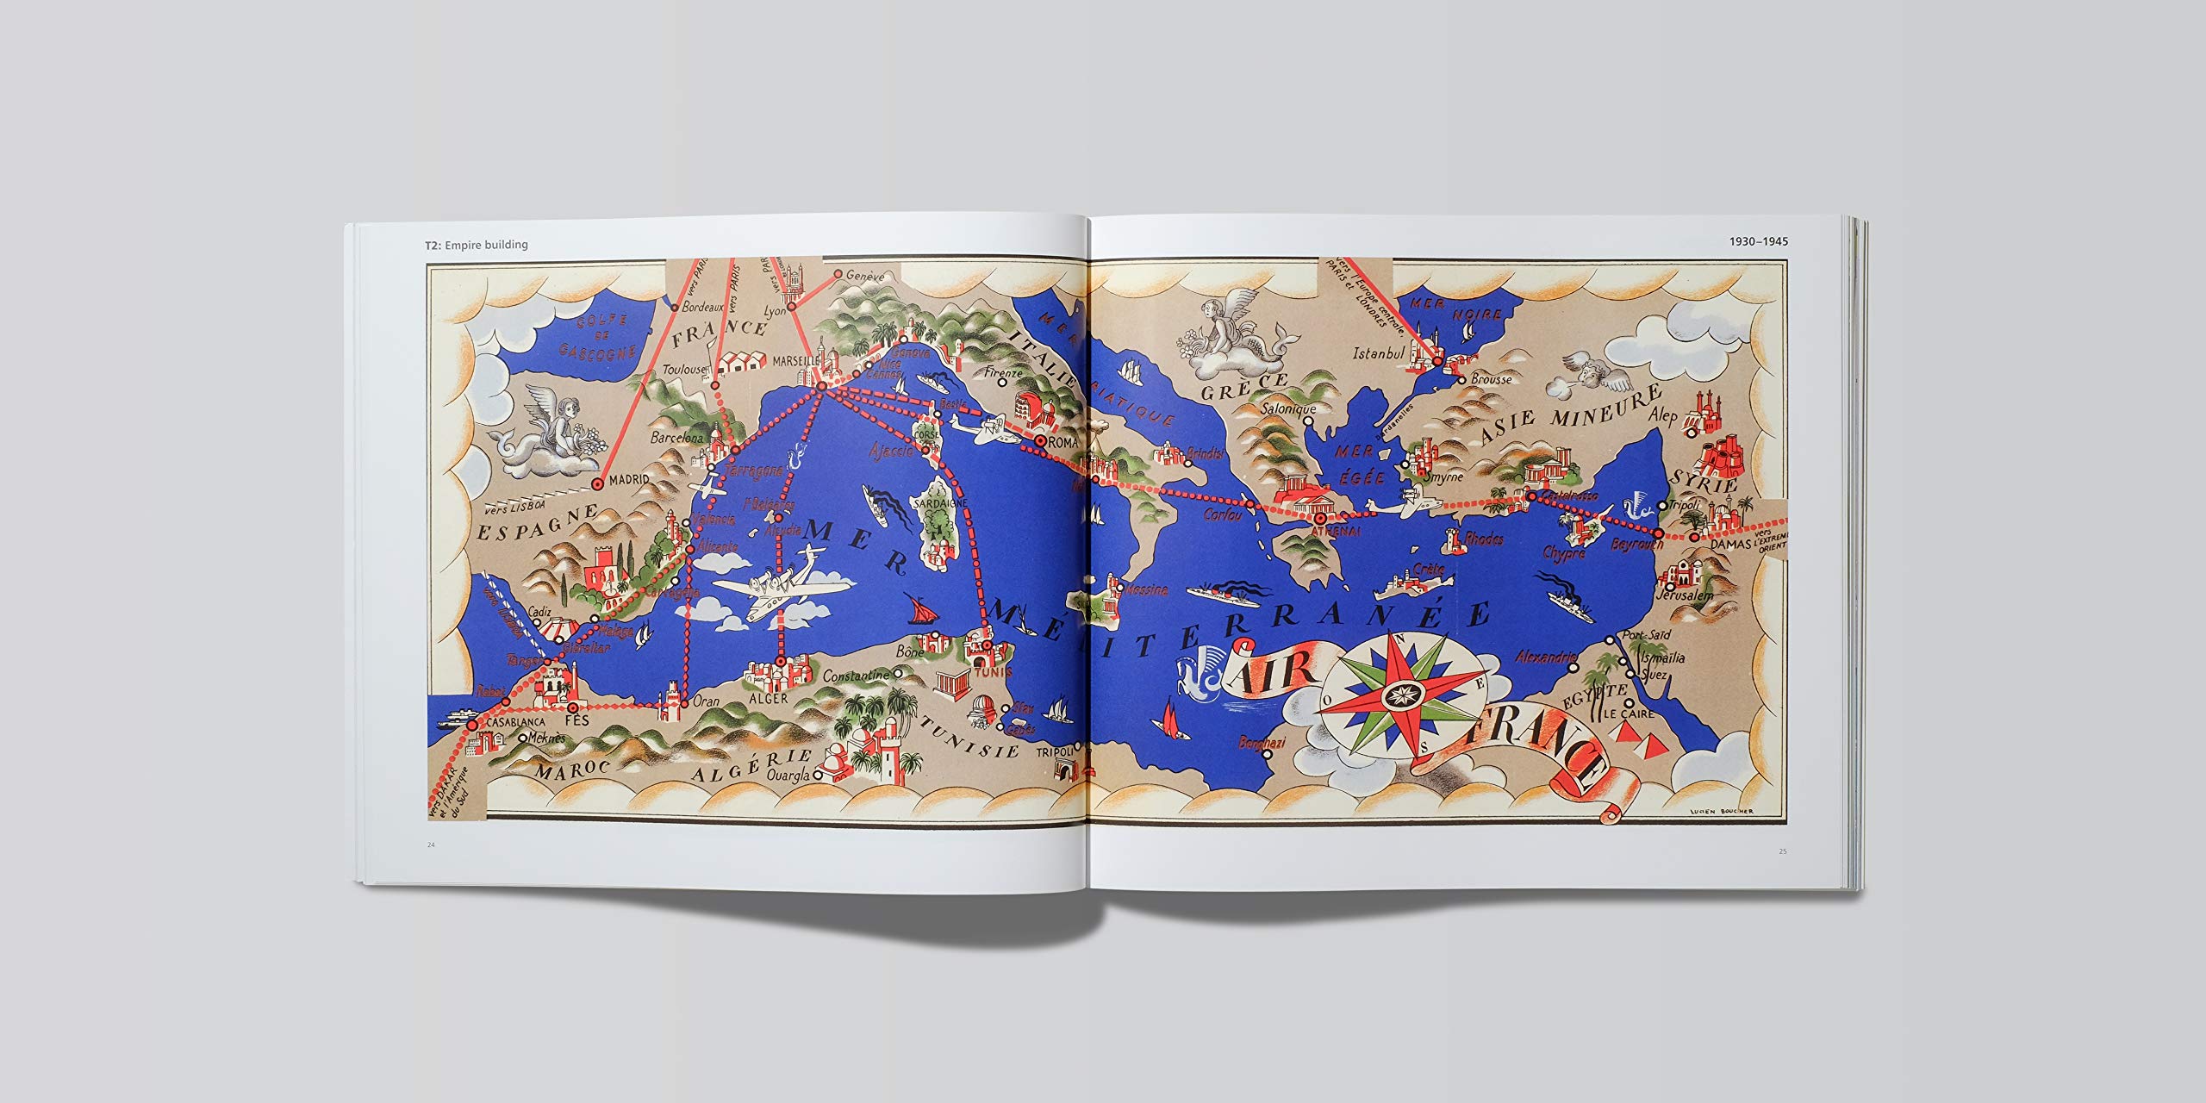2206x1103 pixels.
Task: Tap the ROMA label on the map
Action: click(1064, 442)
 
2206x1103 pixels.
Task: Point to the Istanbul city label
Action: click(1380, 353)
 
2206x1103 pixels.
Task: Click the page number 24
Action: click(431, 844)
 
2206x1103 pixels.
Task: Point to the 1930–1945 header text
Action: click(1758, 241)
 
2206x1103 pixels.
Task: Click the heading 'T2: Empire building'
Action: click(476, 245)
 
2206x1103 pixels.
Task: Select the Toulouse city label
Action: click(685, 371)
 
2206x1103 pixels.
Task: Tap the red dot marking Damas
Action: click(1694, 537)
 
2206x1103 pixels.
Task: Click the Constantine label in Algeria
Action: click(856, 676)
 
